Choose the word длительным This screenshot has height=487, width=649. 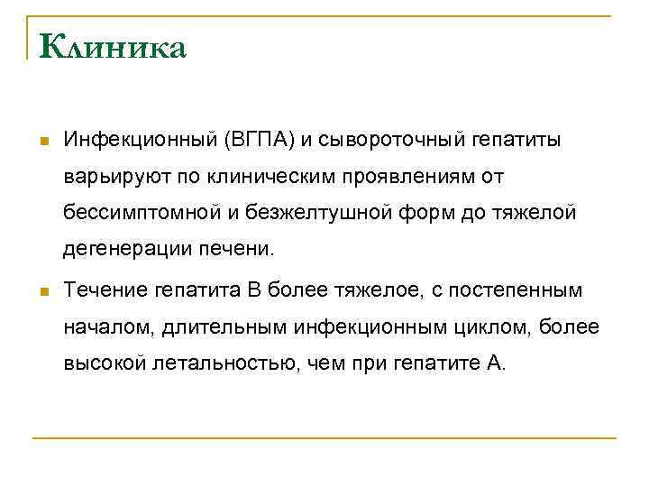tap(226, 328)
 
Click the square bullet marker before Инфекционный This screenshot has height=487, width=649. tap(43, 142)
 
